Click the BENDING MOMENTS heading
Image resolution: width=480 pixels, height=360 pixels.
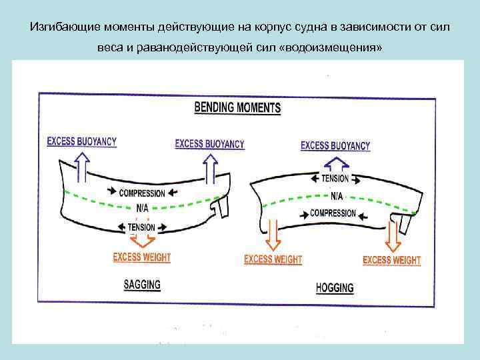237,107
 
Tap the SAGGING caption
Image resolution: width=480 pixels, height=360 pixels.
142,284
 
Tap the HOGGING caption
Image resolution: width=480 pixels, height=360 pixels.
334,288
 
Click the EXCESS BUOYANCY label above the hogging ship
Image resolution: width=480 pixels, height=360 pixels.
335,145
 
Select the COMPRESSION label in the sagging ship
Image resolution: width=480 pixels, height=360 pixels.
142,193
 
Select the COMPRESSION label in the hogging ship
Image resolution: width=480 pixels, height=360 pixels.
333,213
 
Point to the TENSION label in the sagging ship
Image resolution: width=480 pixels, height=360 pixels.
141,227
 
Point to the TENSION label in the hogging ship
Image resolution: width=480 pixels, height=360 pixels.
335,179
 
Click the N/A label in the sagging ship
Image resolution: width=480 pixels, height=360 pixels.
142,208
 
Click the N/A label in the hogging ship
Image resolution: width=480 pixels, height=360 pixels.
337,196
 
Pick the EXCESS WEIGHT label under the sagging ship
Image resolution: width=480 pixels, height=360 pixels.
142,257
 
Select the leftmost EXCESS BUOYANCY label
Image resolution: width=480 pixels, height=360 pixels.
82,141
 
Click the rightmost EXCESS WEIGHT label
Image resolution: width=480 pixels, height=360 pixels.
391,260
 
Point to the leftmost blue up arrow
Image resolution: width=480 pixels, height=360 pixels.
81,167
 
